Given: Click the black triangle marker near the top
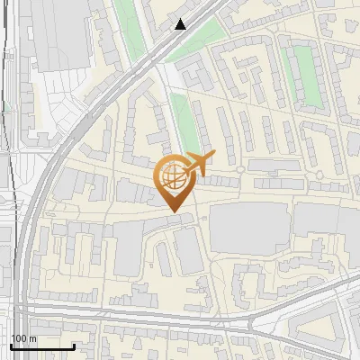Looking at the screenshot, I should (x=181, y=24).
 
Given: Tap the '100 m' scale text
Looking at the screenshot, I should (x=23, y=337).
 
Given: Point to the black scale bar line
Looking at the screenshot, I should (x=41, y=346).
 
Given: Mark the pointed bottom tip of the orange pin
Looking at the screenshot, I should (x=171, y=212).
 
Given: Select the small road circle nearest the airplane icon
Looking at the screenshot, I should (x=241, y=169).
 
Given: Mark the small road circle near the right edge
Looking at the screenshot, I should (x=319, y=175).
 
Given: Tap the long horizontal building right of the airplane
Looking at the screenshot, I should (x=275, y=166).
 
